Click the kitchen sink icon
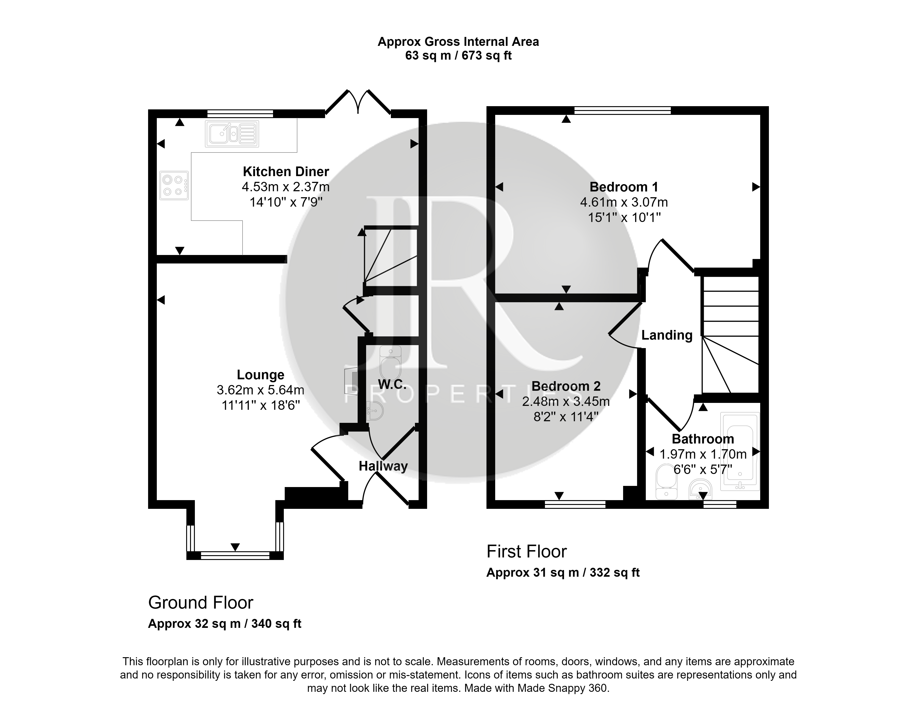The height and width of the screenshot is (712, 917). coord(232,134)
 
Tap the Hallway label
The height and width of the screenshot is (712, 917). coord(383,466)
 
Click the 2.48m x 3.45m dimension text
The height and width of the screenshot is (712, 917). coord(566,402)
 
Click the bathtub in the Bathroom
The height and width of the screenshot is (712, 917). coord(740,452)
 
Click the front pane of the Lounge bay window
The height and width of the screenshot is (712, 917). coord(235,555)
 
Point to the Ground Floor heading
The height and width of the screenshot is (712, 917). coord(201,603)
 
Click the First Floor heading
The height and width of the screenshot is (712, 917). coord(527,551)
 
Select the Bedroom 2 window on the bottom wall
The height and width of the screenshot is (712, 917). coord(575,504)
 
